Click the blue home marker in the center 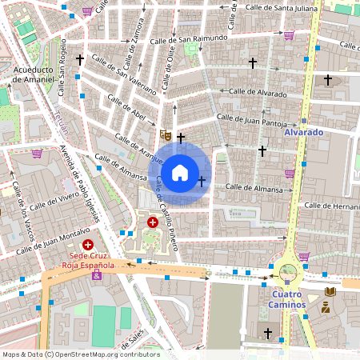tap(180, 172)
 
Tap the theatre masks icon tap(165, 135)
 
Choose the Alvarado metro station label tap(304, 132)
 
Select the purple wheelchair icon tap(97, 275)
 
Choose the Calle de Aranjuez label tap(141, 147)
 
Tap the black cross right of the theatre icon tap(181, 138)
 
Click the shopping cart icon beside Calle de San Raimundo tap(289, 34)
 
